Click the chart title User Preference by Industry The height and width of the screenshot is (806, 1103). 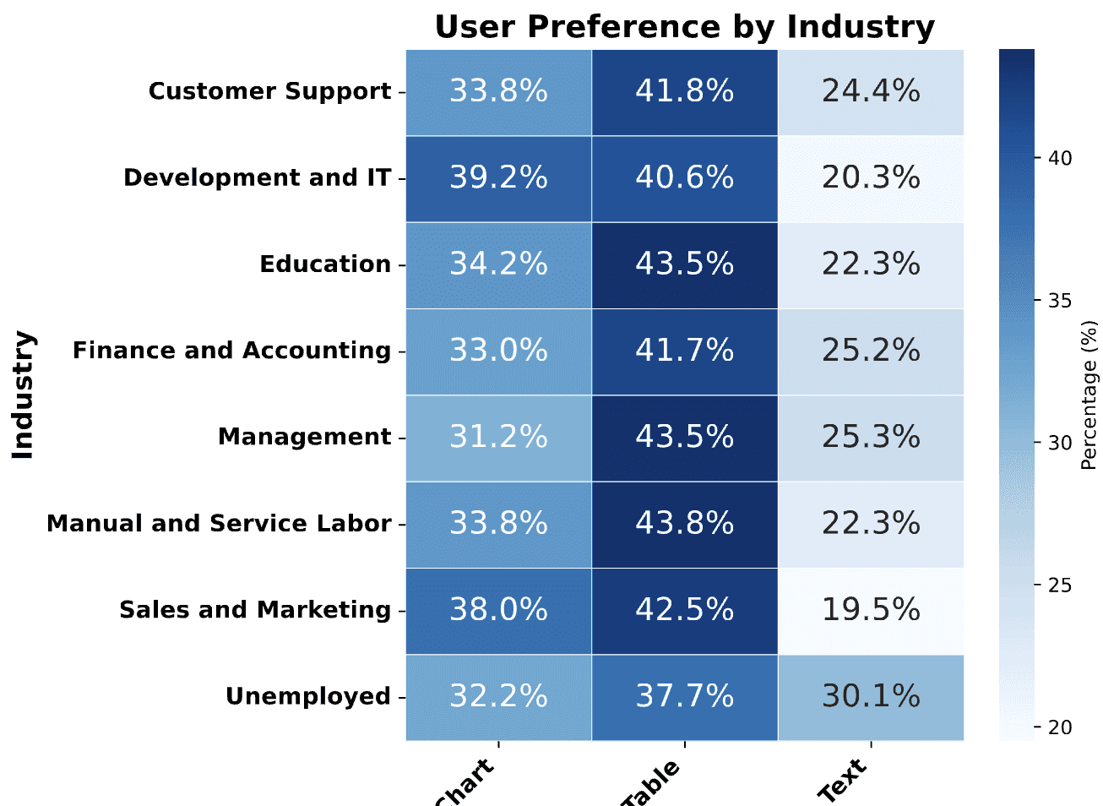pyautogui.click(x=684, y=27)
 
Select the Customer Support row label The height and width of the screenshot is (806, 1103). pyautogui.click(x=269, y=91)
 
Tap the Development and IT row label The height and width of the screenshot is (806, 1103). pyautogui.click(x=257, y=178)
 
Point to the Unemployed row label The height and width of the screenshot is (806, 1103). pyautogui.click(x=307, y=697)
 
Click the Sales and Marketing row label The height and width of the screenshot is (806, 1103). pyautogui.click(x=254, y=610)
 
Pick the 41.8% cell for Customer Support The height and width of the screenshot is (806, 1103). pyautogui.click(x=684, y=91)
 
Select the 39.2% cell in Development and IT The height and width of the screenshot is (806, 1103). pyautogui.click(x=498, y=178)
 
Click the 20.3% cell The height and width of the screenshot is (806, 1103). pyautogui.click(x=871, y=178)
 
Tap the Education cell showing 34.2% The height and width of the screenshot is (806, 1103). pyautogui.click(x=498, y=264)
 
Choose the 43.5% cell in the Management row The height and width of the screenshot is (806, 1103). pyautogui.click(x=684, y=438)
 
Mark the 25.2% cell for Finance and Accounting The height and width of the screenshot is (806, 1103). pyautogui.click(x=871, y=351)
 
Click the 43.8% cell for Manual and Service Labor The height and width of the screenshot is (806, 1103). pyautogui.click(x=684, y=524)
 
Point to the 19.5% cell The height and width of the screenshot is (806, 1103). pyautogui.click(x=871, y=610)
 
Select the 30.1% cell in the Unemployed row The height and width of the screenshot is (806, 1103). pyautogui.click(x=871, y=697)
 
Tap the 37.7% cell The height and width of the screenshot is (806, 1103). pyautogui.click(x=684, y=697)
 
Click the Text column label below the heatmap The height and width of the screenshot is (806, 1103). pyautogui.click(x=843, y=779)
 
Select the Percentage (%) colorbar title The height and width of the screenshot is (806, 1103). pyautogui.click(x=1089, y=395)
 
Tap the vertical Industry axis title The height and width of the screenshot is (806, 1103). pyautogui.click(x=23, y=395)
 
